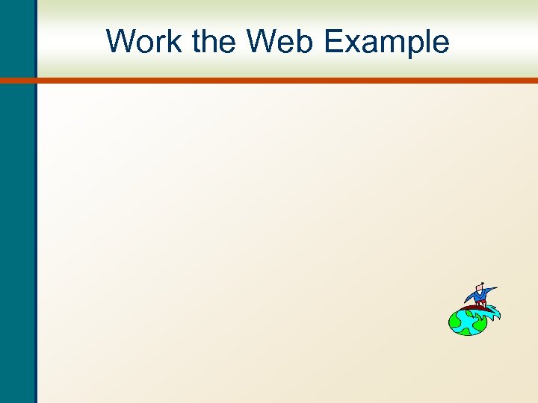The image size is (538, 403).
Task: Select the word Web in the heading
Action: point(281,42)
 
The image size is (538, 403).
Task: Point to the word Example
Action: point(387,43)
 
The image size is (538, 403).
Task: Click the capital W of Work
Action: point(120,42)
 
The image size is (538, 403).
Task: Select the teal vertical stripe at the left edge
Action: point(16,224)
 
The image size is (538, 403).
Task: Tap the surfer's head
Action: point(480,287)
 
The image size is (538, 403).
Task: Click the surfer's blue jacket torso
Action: point(479,296)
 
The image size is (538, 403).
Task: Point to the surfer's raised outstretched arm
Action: point(490,290)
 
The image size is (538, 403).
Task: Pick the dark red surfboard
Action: point(471,307)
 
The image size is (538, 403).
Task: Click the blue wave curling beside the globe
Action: point(492,313)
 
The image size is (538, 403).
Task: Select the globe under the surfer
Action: point(466,322)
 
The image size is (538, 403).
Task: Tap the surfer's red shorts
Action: point(481,303)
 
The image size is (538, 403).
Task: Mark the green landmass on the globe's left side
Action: point(455,323)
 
